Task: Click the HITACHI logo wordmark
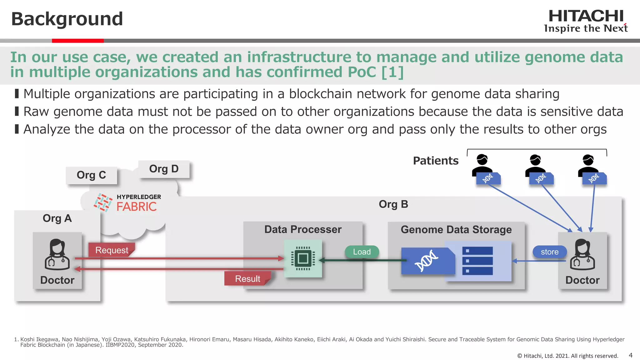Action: coord(586,16)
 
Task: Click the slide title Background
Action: coord(67,19)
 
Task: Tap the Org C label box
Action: coord(91,175)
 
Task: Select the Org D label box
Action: coord(164,169)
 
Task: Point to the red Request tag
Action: coord(112,250)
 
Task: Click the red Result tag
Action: coord(247,278)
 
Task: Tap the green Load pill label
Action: coord(362,252)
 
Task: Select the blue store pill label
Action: coord(549,252)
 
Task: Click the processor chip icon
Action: coord(303,258)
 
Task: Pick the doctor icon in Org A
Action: coord(57,254)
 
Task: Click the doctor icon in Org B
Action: coord(582,254)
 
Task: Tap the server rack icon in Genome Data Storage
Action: coord(477,261)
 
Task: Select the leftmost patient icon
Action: coord(482,164)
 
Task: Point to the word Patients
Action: coord(436,161)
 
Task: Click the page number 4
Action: coord(630,355)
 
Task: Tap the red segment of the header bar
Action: coord(77,41)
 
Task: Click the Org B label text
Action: coord(393,204)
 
